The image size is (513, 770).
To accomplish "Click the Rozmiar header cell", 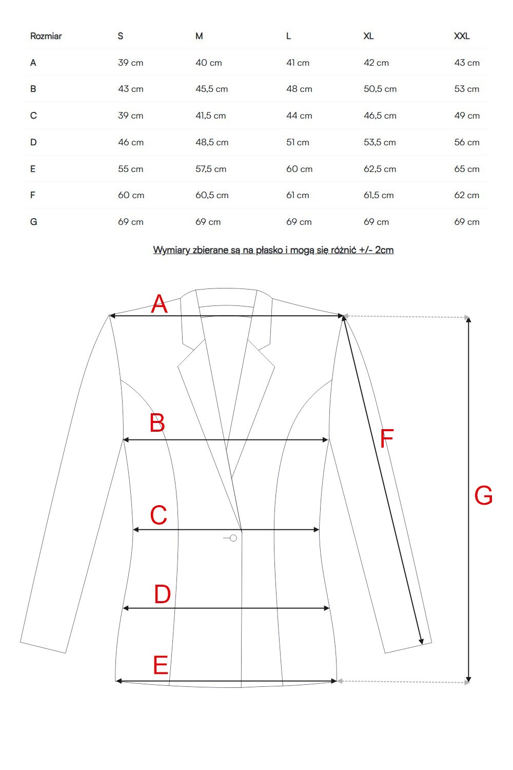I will click(46, 36).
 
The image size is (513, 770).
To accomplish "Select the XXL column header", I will click(462, 36).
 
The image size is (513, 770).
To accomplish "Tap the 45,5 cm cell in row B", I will click(211, 89).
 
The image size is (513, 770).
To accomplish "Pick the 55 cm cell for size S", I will click(130, 169).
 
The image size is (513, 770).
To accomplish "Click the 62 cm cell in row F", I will click(466, 195).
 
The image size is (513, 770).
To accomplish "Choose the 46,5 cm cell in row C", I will click(380, 115).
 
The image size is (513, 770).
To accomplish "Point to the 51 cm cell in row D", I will click(298, 142).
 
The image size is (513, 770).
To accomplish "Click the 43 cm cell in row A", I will click(467, 63).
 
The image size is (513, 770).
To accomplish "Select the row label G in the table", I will click(34, 222).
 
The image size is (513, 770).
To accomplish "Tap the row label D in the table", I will click(33, 142).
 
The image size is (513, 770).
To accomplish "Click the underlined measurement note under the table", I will click(273, 250).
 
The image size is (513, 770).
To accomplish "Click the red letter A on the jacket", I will click(159, 304).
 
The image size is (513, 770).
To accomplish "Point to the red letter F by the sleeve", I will click(387, 438).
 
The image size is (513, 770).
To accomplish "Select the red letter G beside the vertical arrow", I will click(483, 496).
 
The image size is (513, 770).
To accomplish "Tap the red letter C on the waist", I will click(159, 515).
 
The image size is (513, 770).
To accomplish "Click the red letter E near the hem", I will click(161, 665).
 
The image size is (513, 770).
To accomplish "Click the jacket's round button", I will click(233, 538).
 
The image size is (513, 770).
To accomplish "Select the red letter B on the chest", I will click(157, 423).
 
